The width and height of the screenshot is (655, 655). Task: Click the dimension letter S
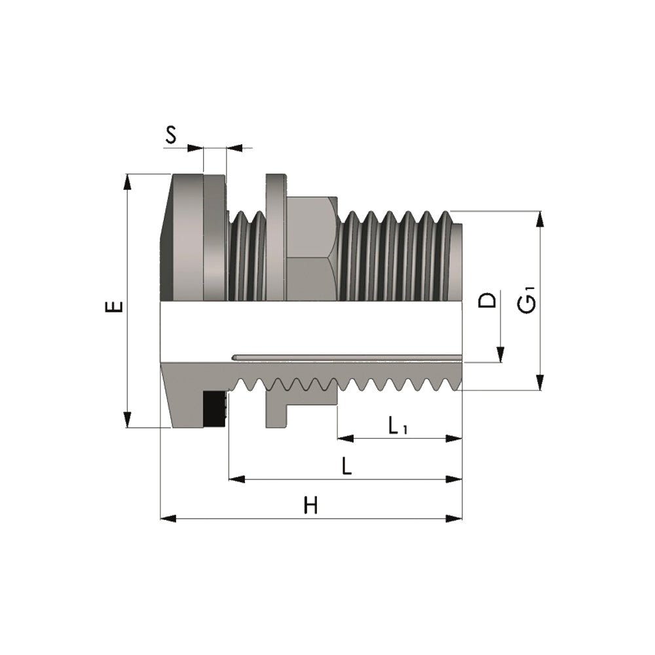(x=171, y=135)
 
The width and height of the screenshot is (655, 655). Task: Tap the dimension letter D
(x=487, y=301)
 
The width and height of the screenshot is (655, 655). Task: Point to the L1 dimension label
(x=398, y=426)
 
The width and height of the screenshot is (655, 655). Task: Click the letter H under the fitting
(x=310, y=506)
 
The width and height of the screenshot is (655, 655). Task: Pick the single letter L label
(x=346, y=466)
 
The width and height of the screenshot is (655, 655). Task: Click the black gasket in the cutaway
(x=214, y=409)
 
